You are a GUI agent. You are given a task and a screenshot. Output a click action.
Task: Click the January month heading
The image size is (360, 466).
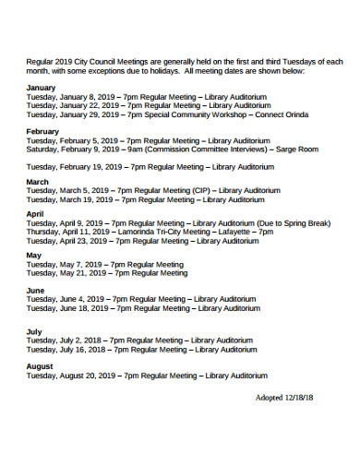42,87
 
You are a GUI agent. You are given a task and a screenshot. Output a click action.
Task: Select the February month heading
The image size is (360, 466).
43,132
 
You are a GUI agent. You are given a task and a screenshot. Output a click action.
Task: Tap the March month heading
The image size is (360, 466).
38,182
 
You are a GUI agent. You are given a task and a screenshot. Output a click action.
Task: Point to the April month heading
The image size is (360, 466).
35,214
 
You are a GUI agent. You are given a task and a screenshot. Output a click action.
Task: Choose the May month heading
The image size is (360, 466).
34,255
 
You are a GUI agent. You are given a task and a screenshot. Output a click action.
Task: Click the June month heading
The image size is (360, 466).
35,290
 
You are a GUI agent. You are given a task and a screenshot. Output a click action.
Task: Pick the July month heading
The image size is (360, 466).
34,330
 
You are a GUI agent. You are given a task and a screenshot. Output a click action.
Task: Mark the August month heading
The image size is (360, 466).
41,366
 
